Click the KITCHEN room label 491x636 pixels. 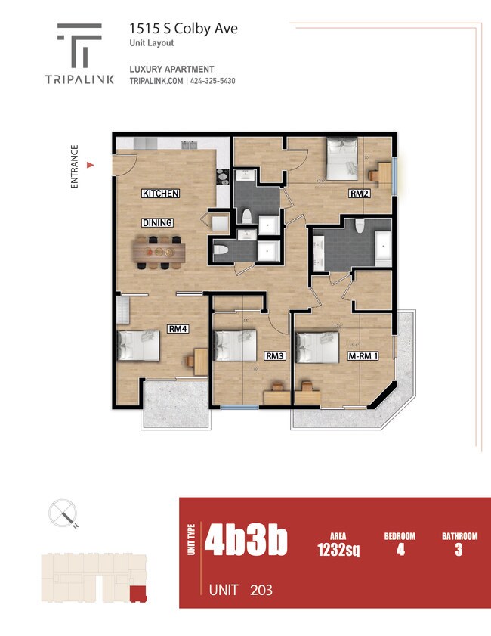click(160, 194)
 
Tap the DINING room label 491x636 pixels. click(157, 222)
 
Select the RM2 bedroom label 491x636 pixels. click(358, 194)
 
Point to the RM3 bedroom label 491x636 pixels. click(273, 355)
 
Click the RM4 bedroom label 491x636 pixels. click(178, 329)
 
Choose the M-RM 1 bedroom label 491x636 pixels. click(362, 355)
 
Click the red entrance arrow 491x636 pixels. click(91, 164)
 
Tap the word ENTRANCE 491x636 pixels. click(74, 166)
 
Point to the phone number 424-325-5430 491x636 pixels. click(213, 81)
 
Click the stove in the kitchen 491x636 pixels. click(222, 177)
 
